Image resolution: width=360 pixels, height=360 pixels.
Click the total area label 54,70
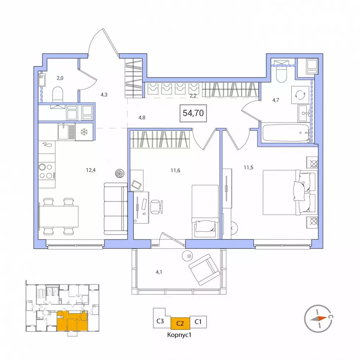click(193, 113)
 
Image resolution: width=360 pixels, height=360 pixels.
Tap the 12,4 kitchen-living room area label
click(91, 170)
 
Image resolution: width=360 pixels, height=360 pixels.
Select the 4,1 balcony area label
click(159, 272)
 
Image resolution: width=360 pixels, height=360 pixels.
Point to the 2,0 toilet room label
click(60, 78)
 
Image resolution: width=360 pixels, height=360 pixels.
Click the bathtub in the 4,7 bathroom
click(286, 133)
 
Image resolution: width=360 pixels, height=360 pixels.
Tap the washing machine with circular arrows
click(300, 95)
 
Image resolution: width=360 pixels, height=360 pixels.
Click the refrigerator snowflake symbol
click(84, 132)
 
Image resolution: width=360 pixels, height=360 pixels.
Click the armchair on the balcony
click(204, 269)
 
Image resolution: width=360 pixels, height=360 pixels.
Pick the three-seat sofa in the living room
click(116, 209)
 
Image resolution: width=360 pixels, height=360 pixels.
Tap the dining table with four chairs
click(59, 216)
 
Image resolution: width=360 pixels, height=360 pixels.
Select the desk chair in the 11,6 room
click(156, 206)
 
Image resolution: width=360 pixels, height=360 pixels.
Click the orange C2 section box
click(180, 323)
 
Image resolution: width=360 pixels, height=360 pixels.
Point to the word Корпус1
click(179, 335)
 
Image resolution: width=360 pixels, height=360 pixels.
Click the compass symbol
click(319, 318)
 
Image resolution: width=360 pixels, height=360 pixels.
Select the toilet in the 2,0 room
click(58, 94)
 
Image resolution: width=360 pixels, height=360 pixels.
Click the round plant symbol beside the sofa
click(120, 173)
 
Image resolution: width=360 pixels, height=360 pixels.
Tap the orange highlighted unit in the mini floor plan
click(72, 321)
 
